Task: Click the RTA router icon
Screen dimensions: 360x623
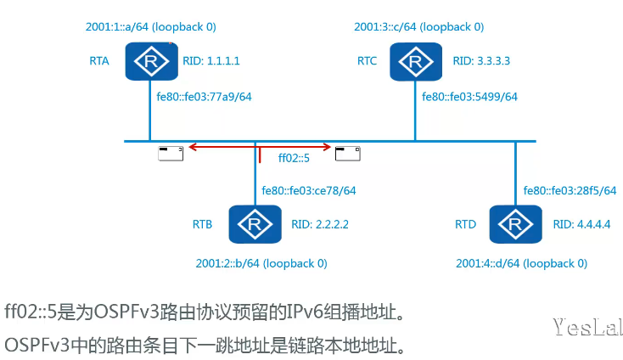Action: (151, 61)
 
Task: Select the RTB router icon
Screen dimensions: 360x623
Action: (255, 224)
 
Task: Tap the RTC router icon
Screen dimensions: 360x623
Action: (415, 61)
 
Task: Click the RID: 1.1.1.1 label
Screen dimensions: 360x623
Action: (211, 61)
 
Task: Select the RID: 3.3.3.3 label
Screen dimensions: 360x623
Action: (481, 61)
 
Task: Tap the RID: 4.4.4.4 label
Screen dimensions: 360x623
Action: (581, 225)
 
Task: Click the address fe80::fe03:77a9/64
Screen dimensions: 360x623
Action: (204, 97)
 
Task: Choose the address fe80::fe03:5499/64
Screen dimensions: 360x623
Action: (469, 97)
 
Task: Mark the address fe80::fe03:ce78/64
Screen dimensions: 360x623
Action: (309, 190)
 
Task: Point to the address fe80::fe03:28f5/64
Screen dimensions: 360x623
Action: (570, 190)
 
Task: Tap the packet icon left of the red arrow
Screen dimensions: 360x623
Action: (171, 153)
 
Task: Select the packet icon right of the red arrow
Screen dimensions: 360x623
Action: (347, 153)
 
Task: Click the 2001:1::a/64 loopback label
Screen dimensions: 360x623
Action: (150, 27)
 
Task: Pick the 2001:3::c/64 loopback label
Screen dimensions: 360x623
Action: (419, 27)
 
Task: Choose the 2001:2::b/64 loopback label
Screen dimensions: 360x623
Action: (261, 263)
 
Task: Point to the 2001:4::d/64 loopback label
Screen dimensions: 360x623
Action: (521, 263)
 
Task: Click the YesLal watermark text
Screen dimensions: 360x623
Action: (587, 327)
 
